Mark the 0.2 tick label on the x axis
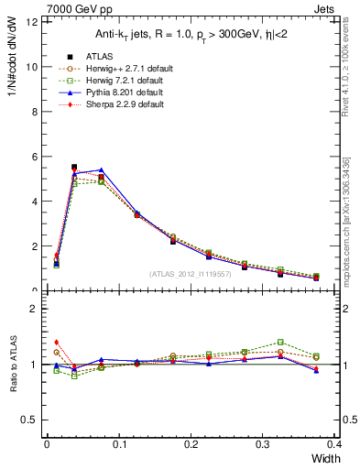pyautogui.click(x=191, y=444)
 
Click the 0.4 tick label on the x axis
pyautogui.click(x=334, y=444)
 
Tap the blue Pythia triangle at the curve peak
pyautogui.click(x=101, y=169)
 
